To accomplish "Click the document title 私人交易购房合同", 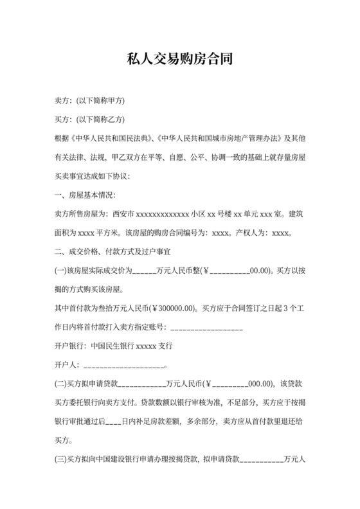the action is pyautogui.click(x=179, y=60).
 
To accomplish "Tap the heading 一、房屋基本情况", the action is pyautogui.click(x=87, y=195).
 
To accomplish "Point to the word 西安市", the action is pyautogui.click(x=123, y=214).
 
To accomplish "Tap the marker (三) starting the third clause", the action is pyautogui.click(x=61, y=460).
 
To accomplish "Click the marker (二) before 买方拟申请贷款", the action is pyautogui.click(x=61, y=384).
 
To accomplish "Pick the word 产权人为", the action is pyautogui.click(x=253, y=233).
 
